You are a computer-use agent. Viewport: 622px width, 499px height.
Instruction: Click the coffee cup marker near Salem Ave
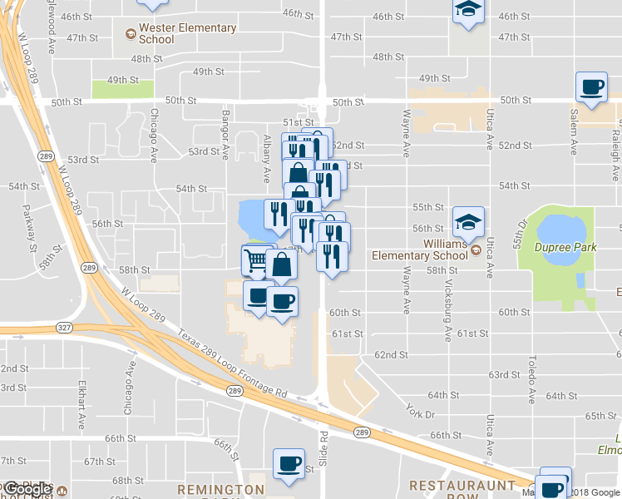pos(591,87)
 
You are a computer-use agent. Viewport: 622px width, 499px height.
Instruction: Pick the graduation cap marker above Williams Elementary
pos(468,221)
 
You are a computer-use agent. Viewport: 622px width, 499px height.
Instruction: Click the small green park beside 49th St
pos(122,89)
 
